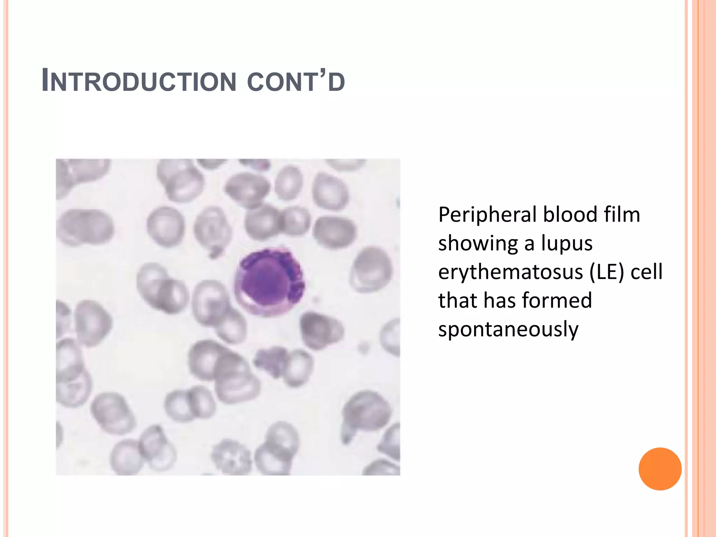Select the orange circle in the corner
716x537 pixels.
tap(660, 469)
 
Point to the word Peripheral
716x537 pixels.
tap(487, 215)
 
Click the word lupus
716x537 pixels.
tap(567, 244)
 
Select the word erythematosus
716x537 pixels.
tap(510, 272)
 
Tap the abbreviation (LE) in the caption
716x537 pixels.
tap(606, 272)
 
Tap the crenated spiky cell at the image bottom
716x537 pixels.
tap(231, 456)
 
